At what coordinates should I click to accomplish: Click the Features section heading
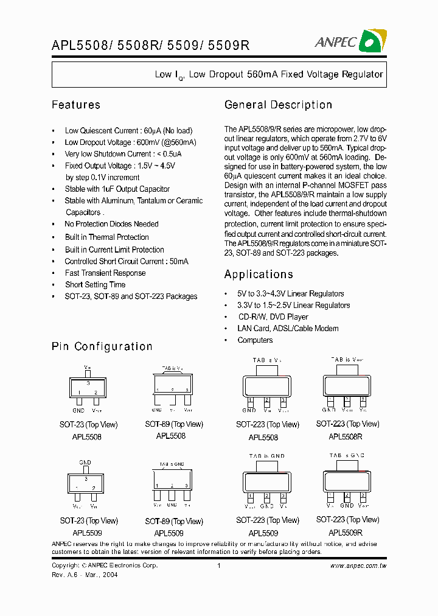pos(76,105)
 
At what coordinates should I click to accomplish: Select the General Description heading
pos(278,105)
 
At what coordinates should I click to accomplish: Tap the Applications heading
pos(259,274)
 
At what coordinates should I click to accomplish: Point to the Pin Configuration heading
pos(102,346)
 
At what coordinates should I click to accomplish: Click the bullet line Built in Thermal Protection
pos(106,237)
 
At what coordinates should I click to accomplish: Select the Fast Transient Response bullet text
pos(105,273)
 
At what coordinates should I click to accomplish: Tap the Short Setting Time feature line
pos(95,284)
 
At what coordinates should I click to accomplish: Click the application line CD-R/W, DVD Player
pos(273,317)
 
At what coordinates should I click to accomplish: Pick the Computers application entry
pos(255,340)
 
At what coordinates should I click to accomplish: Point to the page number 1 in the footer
pos(218,565)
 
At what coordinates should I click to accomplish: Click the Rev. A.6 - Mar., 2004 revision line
pos(85,575)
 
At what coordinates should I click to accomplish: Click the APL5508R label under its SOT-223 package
pos(346,436)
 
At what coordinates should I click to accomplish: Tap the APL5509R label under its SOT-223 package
pos(346,531)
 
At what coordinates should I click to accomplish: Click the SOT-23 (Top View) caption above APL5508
pos(89,425)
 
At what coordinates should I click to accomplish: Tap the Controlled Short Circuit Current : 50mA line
pos(127,261)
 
